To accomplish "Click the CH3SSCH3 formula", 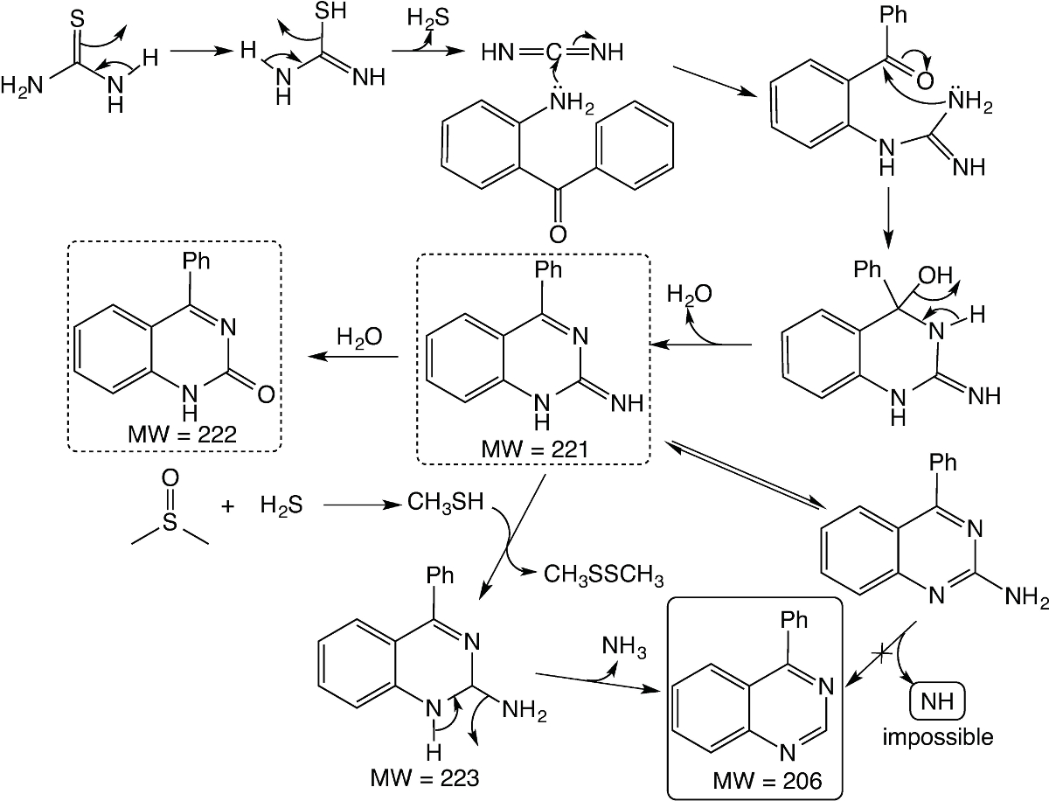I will coord(603,577).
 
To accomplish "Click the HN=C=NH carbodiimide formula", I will coord(552,52).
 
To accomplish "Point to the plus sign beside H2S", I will coord(229,505).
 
